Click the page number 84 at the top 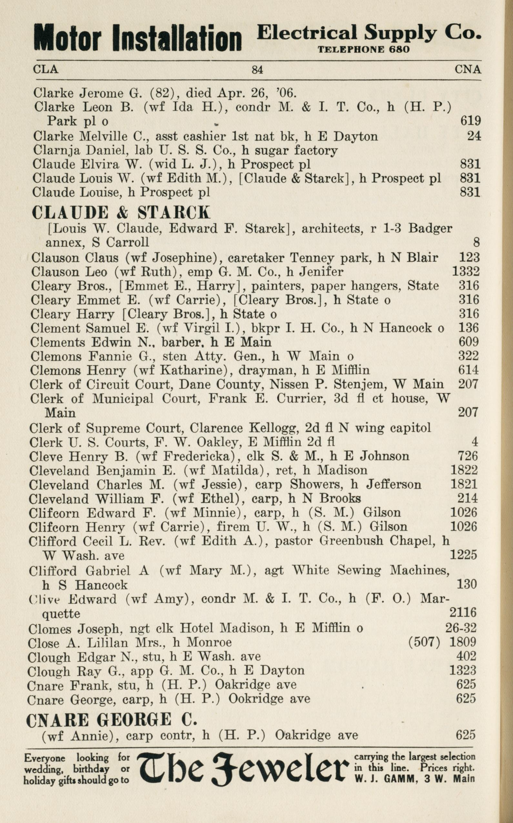[257, 70]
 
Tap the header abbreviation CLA [45, 69]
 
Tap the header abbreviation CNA [468, 70]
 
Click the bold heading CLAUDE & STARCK [121, 212]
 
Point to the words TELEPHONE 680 [363, 50]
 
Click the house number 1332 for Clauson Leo [466, 271]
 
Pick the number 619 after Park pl [471, 120]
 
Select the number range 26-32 [461, 628]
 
